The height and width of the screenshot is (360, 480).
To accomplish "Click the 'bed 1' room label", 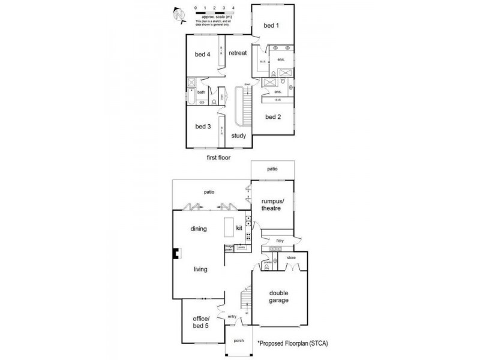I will coord(272,26).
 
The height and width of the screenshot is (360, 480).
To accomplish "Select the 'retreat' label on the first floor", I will coord(238,53).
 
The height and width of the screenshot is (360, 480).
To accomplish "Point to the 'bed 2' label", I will coord(273,117).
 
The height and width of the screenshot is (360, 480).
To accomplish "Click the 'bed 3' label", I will coord(202,127).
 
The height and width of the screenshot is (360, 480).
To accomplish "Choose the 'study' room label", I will coord(239,136).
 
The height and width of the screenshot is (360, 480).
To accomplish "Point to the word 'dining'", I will coord(199,229).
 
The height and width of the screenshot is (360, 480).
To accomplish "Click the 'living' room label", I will coord(200,269).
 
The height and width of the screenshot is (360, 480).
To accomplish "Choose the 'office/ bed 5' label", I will coord(200,322).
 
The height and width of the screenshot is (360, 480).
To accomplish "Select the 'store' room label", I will coord(292,258).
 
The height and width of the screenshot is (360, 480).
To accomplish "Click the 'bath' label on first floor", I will coord(202,92).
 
